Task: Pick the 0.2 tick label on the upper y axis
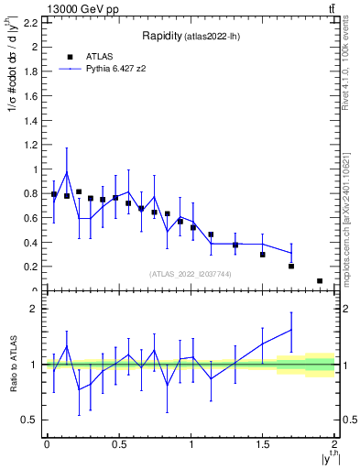click(x=30, y=267)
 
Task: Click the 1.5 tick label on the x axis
click(x=263, y=443)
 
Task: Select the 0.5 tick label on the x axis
click(x=118, y=443)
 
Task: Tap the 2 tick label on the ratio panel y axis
click(x=34, y=309)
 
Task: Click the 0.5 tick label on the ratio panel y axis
click(x=30, y=420)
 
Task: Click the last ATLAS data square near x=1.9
click(x=320, y=280)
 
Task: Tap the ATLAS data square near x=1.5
click(x=262, y=254)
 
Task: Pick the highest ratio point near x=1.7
click(x=291, y=329)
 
